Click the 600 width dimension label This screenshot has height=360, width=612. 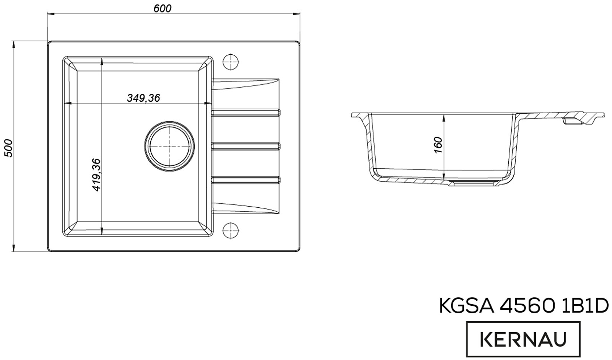[162, 8]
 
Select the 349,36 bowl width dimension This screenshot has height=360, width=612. [143, 98]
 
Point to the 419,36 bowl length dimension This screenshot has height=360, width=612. [96, 175]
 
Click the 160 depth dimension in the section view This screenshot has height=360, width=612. [438, 145]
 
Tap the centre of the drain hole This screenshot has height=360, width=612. [169, 146]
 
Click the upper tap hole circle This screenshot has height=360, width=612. [231, 62]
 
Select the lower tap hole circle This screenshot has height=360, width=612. [231, 230]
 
